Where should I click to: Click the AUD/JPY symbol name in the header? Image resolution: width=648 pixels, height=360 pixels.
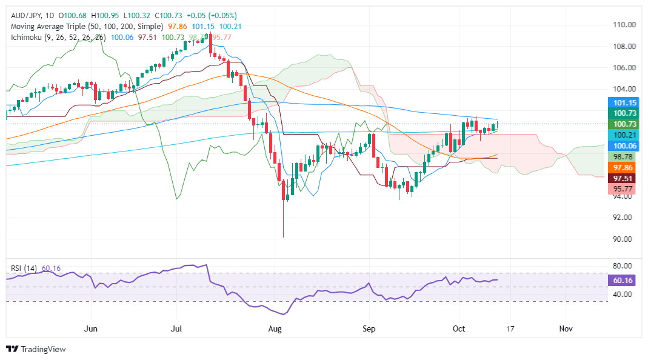tap(27, 15)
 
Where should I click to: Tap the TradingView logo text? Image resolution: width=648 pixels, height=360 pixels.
tap(43, 349)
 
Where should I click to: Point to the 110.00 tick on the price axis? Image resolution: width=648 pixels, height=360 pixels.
tap(623, 25)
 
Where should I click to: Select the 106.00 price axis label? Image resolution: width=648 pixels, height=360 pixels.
tap(623, 68)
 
